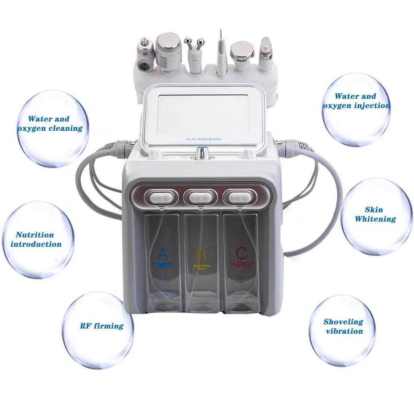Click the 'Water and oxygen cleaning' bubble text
pyautogui.click(x=50, y=123)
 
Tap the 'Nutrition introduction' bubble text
pyautogui.click(x=36, y=239)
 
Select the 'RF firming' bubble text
pyautogui.click(x=101, y=326)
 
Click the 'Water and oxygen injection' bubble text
pyautogui.click(x=356, y=101)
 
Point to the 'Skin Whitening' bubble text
pyautogui.click(x=375, y=214)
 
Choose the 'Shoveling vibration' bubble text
pyautogui.click(x=343, y=326)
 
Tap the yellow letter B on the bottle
pyautogui.click(x=201, y=254)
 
